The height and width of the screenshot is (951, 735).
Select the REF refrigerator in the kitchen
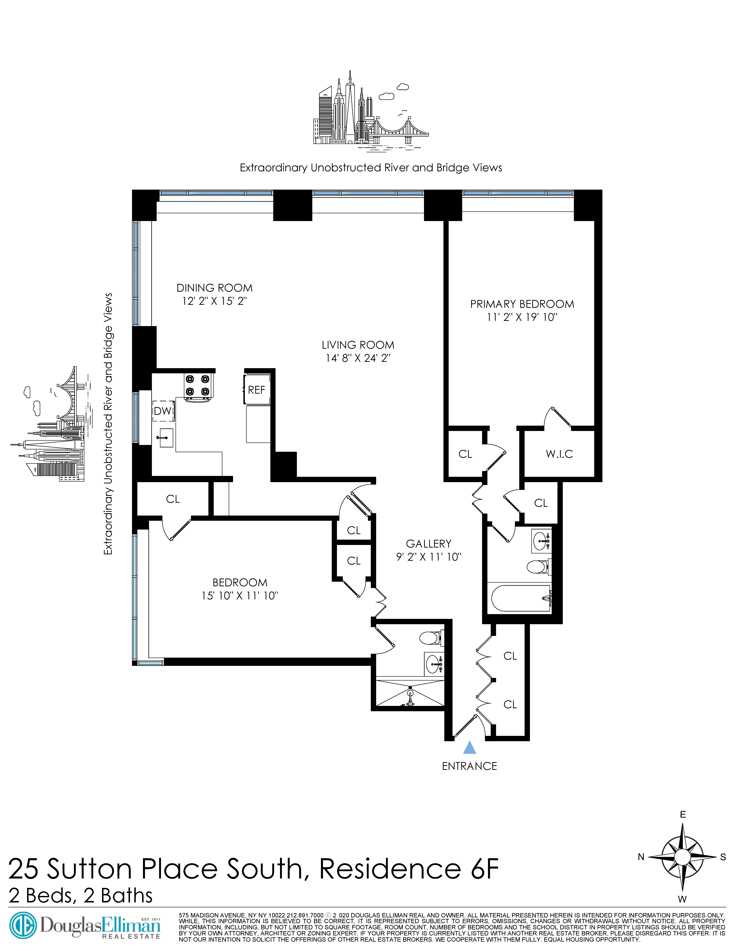(257, 390)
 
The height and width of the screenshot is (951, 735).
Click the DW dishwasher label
(163, 411)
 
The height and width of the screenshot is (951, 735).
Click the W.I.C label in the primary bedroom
(559, 454)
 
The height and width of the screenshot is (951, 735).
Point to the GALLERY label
(428, 544)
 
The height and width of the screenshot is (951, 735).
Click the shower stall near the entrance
(409, 692)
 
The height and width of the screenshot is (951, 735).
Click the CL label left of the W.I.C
(465, 454)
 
